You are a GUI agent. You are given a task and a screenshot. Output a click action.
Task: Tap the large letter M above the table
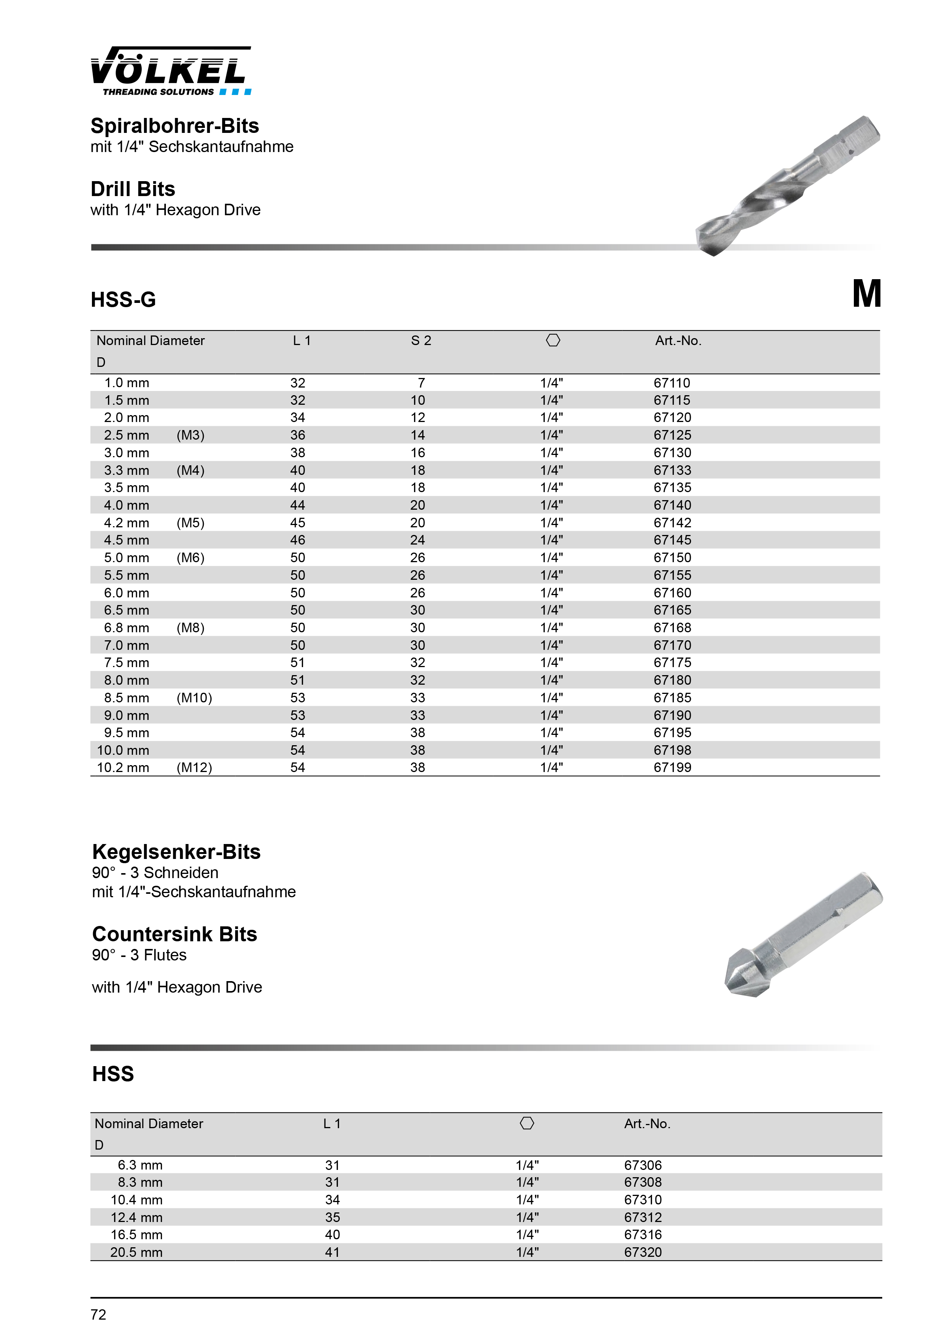[866, 294]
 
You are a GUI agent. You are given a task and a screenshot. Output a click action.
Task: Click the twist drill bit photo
[787, 186]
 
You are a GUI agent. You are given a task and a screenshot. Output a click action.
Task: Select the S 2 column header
[421, 340]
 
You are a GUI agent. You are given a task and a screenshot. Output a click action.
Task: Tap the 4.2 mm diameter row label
[126, 523]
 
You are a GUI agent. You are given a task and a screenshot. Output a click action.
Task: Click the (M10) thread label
[194, 698]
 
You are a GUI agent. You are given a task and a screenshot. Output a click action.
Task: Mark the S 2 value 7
[421, 383]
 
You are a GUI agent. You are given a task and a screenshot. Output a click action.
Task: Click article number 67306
[643, 1165]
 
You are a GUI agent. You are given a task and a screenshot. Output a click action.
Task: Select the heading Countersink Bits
[174, 934]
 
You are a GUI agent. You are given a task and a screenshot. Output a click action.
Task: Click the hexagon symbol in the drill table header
[553, 340]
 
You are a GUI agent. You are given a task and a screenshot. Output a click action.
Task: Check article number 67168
[672, 628]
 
